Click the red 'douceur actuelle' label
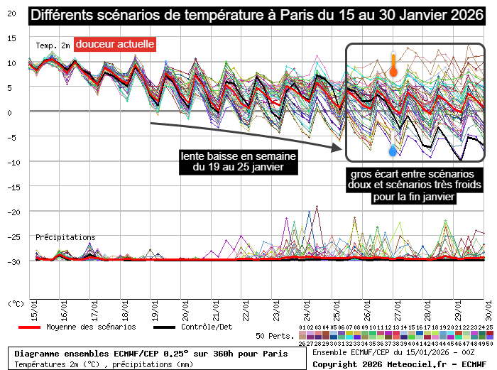pyautogui.click(x=114, y=44)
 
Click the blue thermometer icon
pyautogui.click(x=393, y=150)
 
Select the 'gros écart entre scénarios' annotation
pyautogui.click(x=401, y=185)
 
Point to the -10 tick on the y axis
pyautogui.click(x=11, y=162)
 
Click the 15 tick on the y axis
pyautogui.click(x=11, y=38)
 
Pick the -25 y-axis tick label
pyautogui.click(x=11, y=236)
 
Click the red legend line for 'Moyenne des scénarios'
pyautogui.click(x=29, y=327)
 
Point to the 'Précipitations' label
pyautogui.click(x=65, y=237)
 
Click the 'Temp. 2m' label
pyautogui.click(x=53, y=45)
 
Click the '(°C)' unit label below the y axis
pyautogui.click(x=16, y=303)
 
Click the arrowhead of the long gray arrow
pyautogui.click(x=339, y=148)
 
